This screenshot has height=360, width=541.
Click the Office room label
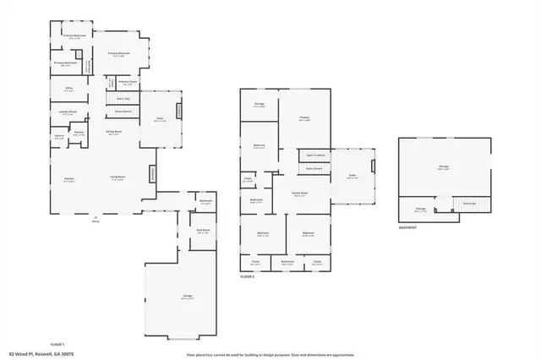(69, 88)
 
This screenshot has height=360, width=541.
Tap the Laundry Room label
(68, 112)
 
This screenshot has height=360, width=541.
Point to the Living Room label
(117, 177)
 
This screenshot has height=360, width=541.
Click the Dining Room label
(113, 132)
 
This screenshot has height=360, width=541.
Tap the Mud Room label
(202, 230)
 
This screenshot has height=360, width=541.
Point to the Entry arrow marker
(95, 217)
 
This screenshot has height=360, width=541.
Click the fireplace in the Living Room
(152, 172)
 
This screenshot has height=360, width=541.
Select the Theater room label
(303, 119)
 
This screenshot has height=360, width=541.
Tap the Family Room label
(299, 194)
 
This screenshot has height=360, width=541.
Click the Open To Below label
(315, 155)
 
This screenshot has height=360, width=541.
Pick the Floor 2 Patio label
(352, 177)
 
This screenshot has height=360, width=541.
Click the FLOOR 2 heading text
(248, 277)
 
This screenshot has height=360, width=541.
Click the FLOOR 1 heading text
(57, 345)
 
